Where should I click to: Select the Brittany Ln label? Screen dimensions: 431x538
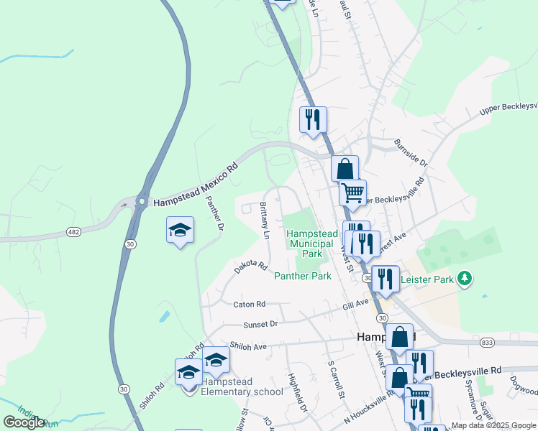click(x=264, y=221)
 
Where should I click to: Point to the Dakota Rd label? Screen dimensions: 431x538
click(x=250, y=267)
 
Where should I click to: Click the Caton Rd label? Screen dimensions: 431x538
click(x=249, y=305)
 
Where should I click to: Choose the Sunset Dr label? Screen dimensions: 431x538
click(x=260, y=325)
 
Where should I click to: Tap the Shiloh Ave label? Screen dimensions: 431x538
click(x=248, y=346)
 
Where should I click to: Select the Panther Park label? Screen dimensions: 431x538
click(x=302, y=276)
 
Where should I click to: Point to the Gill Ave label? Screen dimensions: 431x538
click(x=355, y=305)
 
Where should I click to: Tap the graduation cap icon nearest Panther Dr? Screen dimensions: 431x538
click(x=180, y=230)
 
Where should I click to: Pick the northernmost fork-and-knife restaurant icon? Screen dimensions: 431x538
click(x=313, y=119)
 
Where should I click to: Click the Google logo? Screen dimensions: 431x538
click(x=24, y=422)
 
